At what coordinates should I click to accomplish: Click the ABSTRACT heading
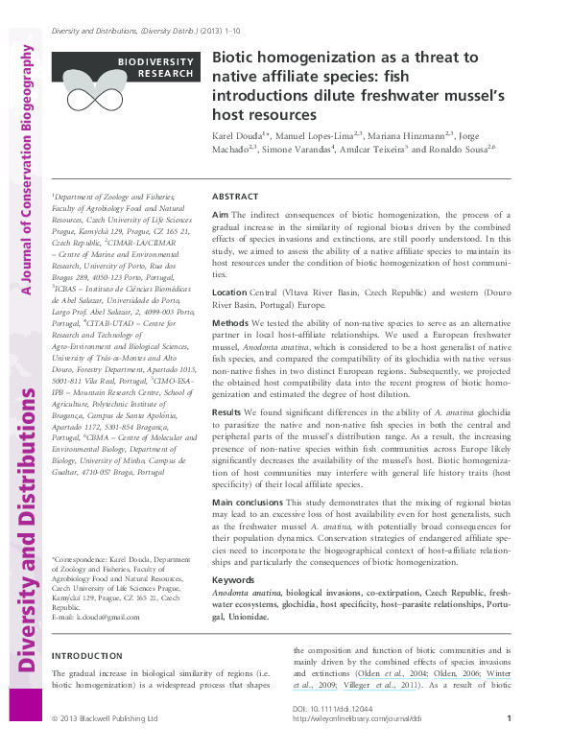(234, 195)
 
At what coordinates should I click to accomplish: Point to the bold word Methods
(229, 325)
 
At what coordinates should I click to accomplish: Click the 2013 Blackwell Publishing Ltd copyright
(99, 718)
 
